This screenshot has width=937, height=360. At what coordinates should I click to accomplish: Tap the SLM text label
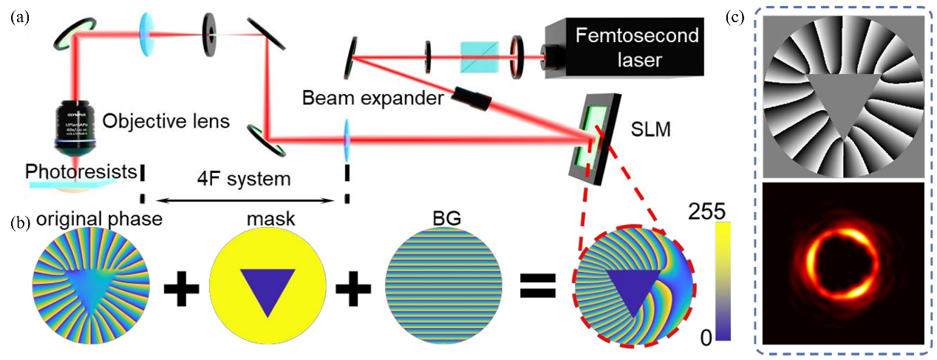pyautogui.click(x=651, y=110)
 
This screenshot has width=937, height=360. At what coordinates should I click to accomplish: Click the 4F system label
pyautogui.click(x=243, y=179)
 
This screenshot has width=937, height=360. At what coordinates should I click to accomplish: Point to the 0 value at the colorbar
pyautogui.click(x=705, y=339)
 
